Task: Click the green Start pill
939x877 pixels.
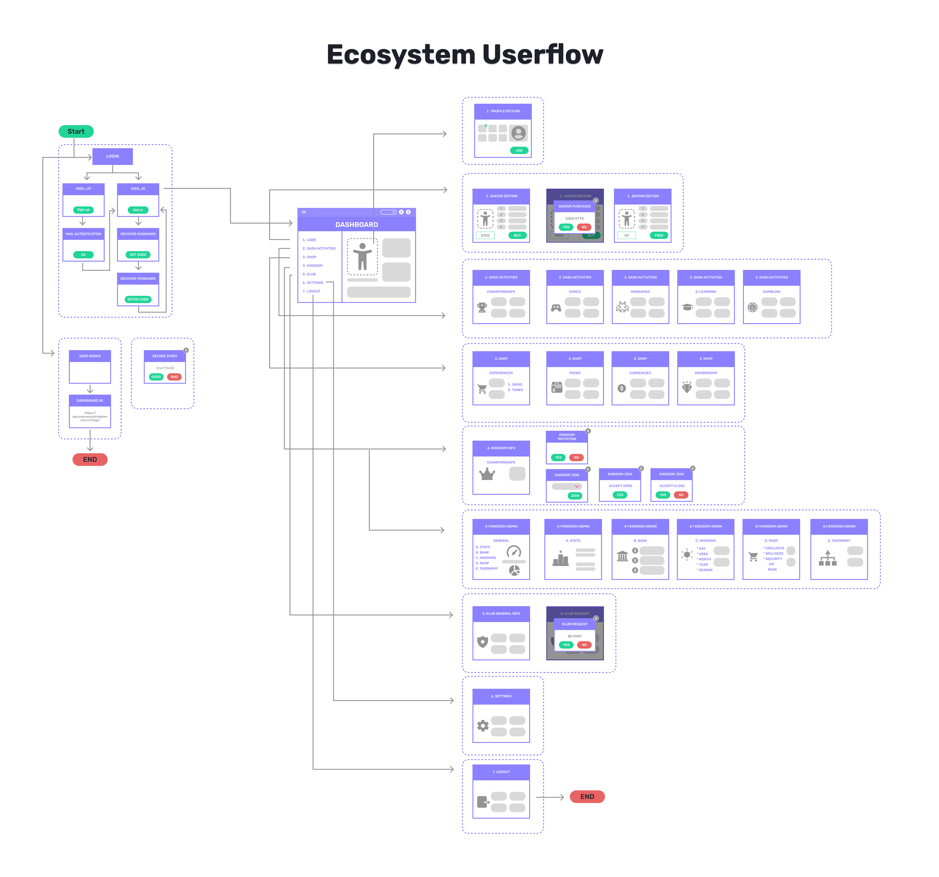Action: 76,131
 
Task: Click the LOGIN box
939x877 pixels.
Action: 112,156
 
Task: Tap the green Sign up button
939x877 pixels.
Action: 83,209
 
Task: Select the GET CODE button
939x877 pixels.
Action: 138,254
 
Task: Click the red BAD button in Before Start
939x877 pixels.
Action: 174,377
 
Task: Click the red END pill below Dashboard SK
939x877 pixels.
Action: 90,459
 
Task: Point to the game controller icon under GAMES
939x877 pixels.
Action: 556,308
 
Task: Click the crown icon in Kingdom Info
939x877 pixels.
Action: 487,474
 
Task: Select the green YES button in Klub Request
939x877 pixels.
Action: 566,645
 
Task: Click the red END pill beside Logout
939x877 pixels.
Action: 587,797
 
